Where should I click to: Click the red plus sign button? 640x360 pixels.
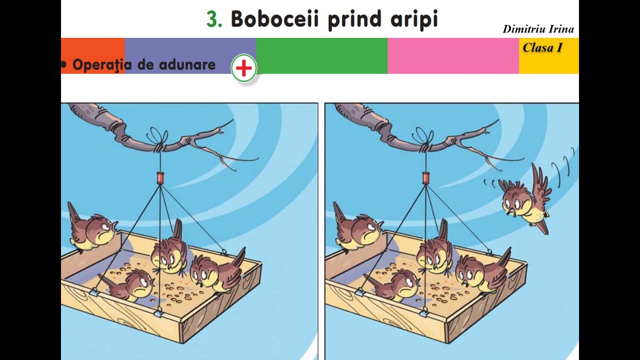click(x=244, y=69)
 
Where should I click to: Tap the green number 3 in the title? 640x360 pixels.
click(x=214, y=19)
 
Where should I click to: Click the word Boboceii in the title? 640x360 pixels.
click(x=274, y=19)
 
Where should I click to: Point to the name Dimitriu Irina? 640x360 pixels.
click(x=538, y=29)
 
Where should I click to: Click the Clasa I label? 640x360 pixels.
click(x=542, y=48)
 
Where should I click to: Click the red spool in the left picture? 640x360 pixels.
click(x=160, y=177)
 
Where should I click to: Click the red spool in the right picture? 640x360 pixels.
click(x=425, y=177)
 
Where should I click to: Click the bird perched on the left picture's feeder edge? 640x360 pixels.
click(x=92, y=230)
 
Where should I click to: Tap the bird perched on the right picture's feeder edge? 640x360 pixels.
click(x=357, y=230)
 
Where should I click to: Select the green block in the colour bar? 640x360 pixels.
click(x=321, y=56)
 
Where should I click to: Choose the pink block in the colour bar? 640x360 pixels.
click(x=453, y=56)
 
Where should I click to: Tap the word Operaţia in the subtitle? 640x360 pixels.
click(x=102, y=65)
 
